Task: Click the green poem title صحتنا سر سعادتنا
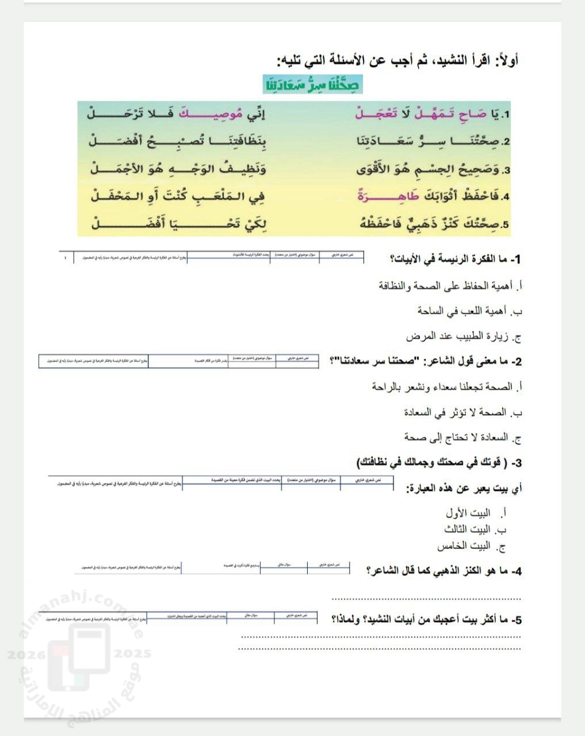313,85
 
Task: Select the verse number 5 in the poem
506,224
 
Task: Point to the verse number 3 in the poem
506,170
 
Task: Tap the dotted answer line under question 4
426,598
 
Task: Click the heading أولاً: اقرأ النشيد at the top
397,60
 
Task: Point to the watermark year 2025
133,654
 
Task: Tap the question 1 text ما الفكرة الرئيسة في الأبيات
455,259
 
